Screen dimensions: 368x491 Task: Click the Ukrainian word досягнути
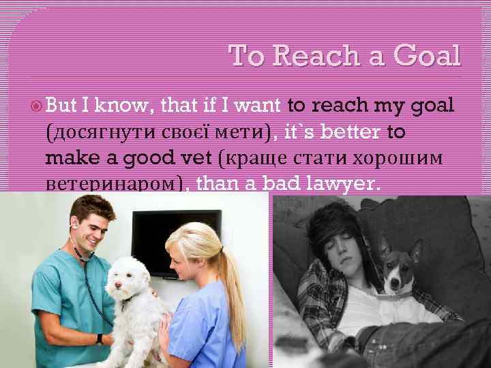coord(101,133)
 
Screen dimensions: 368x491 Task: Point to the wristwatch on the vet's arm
coord(100,339)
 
